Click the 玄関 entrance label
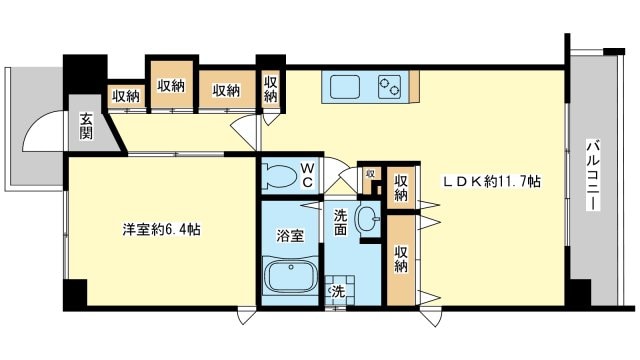point(87,126)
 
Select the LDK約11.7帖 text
point(493,183)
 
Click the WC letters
point(308,175)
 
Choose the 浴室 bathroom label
point(289,236)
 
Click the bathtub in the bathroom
point(289,276)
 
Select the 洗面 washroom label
point(340,221)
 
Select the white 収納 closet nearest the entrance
point(126,97)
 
